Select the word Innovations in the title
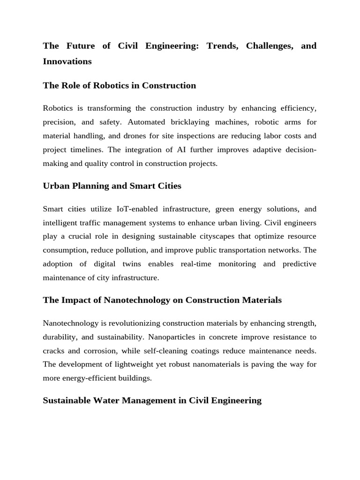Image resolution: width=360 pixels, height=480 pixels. coord(67,61)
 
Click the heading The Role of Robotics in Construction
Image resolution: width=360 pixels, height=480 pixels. coord(119,85)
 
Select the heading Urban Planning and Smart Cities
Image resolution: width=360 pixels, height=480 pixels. coord(112,186)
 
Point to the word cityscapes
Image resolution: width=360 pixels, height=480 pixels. coord(207,236)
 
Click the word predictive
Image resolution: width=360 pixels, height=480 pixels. coord(300,264)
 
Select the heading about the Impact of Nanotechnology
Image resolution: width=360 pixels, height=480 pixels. coord(162,300)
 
